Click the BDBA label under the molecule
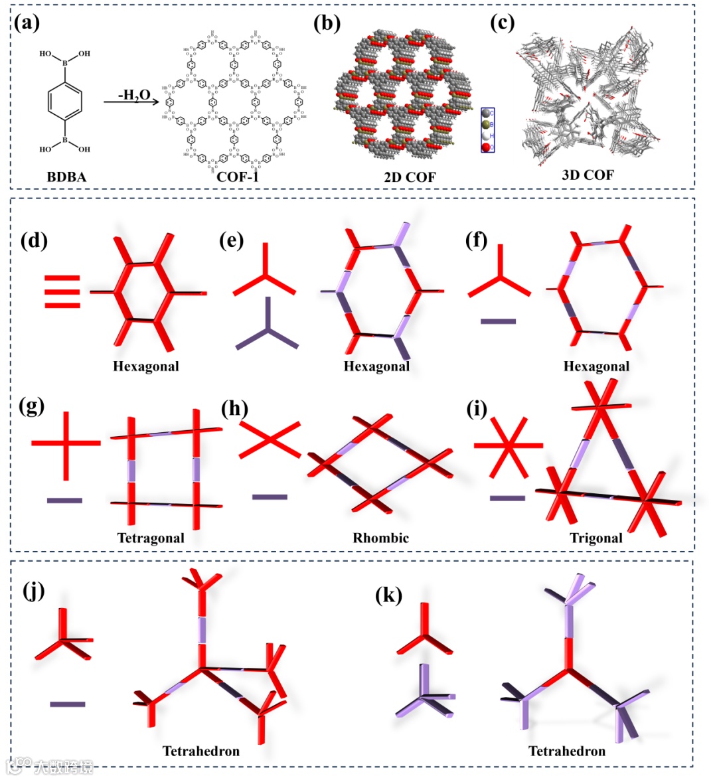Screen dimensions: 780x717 pyautogui.click(x=66, y=177)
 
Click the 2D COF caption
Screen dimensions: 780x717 pyautogui.click(x=409, y=177)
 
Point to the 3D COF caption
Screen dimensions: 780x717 pyautogui.click(x=588, y=175)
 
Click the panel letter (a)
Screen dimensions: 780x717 pyautogui.click(x=27, y=24)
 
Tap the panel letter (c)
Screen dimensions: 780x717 pyautogui.click(x=502, y=24)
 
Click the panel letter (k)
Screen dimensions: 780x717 pyautogui.click(x=389, y=595)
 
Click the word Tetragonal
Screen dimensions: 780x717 pyautogui.click(x=151, y=538)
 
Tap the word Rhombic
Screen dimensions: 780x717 pyautogui.click(x=380, y=538)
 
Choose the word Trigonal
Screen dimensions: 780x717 pyautogui.click(x=596, y=538)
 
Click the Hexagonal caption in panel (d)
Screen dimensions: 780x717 pyautogui.click(x=146, y=366)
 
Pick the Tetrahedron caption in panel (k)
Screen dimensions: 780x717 pyautogui.click(x=566, y=751)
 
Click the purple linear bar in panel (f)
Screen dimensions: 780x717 pyautogui.click(x=498, y=321)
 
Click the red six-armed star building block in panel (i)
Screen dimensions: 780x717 pyautogui.click(x=508, y=446)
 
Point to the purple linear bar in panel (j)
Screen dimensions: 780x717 pyautogui.click(x=68, y=704)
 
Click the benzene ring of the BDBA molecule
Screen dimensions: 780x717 pyautogui.click(x=65, y=102)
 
